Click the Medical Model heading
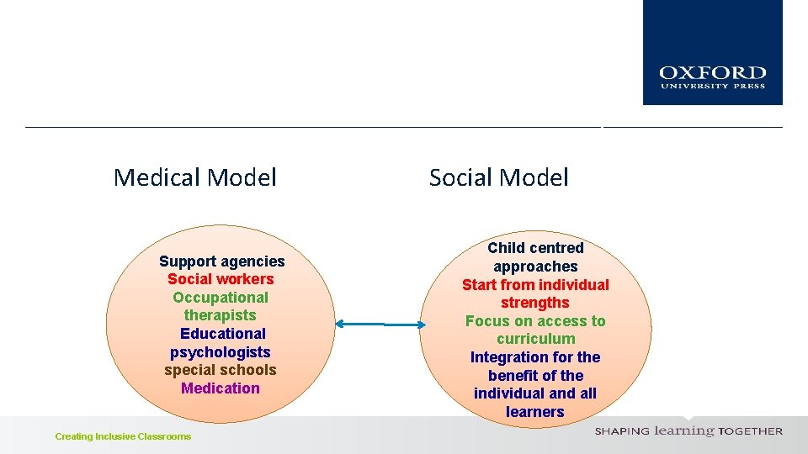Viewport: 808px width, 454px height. (x=194, y=177)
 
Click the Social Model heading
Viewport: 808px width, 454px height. (x=498, y=177)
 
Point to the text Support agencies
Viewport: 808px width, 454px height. (x=222, y=261)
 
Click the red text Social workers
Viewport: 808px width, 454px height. (x=221, y=279)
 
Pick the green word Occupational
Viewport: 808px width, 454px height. (x=221, y=298)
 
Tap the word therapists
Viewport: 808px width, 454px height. (x=221, y=315)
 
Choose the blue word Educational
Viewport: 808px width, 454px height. (x=223, y=334)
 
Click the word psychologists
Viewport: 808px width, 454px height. (x=221, y=352)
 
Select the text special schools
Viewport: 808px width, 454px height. (x=221, y=370)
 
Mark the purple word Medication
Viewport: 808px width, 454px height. (x=221, y=388)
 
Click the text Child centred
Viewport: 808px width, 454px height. (x=535, y=248)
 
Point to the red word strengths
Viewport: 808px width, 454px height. (x=535, y=303)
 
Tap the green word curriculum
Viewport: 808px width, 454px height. (x=535, y=339)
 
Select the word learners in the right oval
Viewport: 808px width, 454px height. (x=535, y=412)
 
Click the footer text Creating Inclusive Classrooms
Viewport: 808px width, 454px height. (x=123, y=436)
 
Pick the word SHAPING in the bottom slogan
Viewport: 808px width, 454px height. (x=622, y=431)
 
